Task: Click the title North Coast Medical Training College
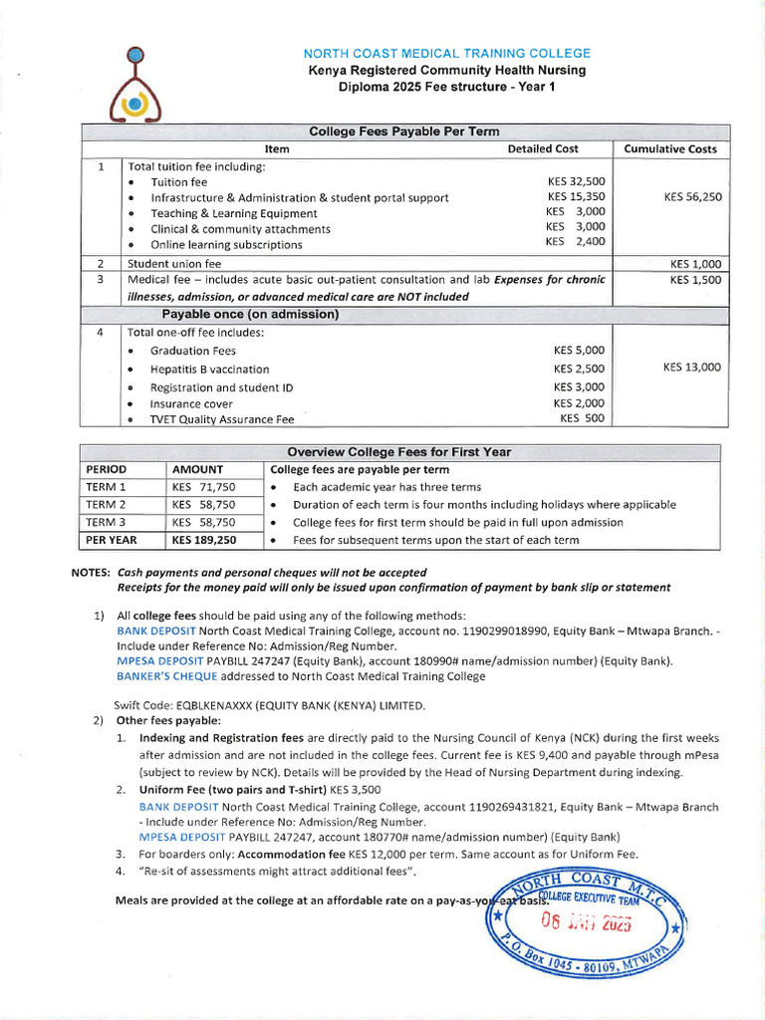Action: click(446, 53)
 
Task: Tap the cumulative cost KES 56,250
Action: click(692, 197)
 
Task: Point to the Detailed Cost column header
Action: click(542, 149)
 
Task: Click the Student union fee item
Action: click(174, 264)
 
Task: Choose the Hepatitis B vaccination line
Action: click(209, 370)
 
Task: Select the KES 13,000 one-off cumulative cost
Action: click(692, 368)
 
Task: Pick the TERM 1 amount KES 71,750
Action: click(204, 487)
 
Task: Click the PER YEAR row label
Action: click(112, 540)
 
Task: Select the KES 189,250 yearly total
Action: click(204, 540)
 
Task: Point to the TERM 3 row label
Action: click(107, 522)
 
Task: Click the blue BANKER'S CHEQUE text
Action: click(166, 676)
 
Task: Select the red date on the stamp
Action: click(586, 921)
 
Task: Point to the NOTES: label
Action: click(91, 573)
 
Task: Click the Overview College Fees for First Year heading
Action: click(398, 452)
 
